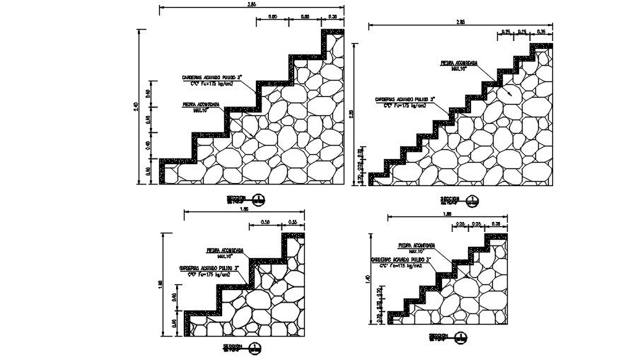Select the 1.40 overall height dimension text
tap(366, 279)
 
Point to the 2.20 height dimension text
tap(361, 114)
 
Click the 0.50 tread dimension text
tap(266, 222)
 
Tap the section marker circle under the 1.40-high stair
tap(461, 337)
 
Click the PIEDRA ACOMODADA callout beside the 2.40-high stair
tap(202, 104)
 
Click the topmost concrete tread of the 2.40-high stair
tap(332, 32)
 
